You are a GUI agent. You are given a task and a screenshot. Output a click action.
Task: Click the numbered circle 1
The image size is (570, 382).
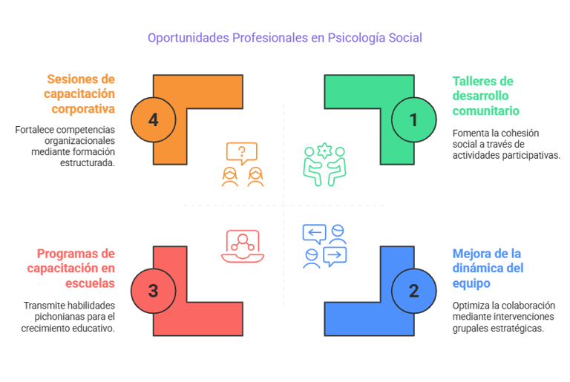point(414,119)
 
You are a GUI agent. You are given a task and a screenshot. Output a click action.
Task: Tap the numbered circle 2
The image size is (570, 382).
point(414,290)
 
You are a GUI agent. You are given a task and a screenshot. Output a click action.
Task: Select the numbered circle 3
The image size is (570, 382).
point(153,290)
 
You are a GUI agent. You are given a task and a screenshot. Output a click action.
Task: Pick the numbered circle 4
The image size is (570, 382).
point(153,119)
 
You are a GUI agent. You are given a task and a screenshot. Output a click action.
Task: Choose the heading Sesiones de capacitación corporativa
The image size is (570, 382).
point(79,94)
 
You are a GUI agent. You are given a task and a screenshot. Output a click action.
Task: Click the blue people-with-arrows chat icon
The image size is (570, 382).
point(325,246)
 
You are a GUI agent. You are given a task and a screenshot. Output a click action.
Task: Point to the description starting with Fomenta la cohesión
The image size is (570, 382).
point(506,144)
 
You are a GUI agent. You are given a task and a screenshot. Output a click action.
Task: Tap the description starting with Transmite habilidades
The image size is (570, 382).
point(69,317)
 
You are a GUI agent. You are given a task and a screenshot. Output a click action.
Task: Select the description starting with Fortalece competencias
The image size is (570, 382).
point(65,146)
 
